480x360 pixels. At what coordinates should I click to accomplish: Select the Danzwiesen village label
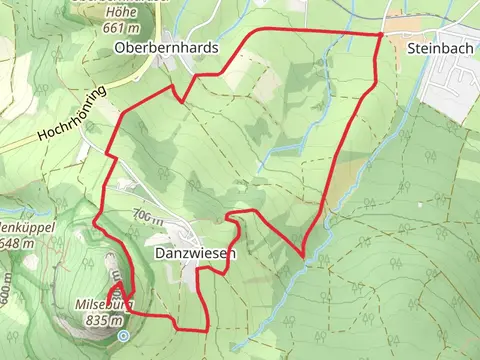pos(196,254)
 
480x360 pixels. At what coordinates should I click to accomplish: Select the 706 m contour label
pos(146,217)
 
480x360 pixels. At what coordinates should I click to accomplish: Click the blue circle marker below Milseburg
pos(123,337)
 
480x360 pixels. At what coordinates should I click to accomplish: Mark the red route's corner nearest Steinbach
pos(381,35)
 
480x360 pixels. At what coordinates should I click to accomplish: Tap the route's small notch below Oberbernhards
pos(178,96)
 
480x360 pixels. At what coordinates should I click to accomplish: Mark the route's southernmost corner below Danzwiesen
pos(206,329)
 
